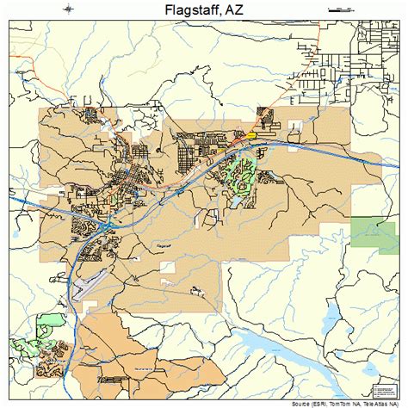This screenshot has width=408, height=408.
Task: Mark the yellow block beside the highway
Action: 251,134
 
